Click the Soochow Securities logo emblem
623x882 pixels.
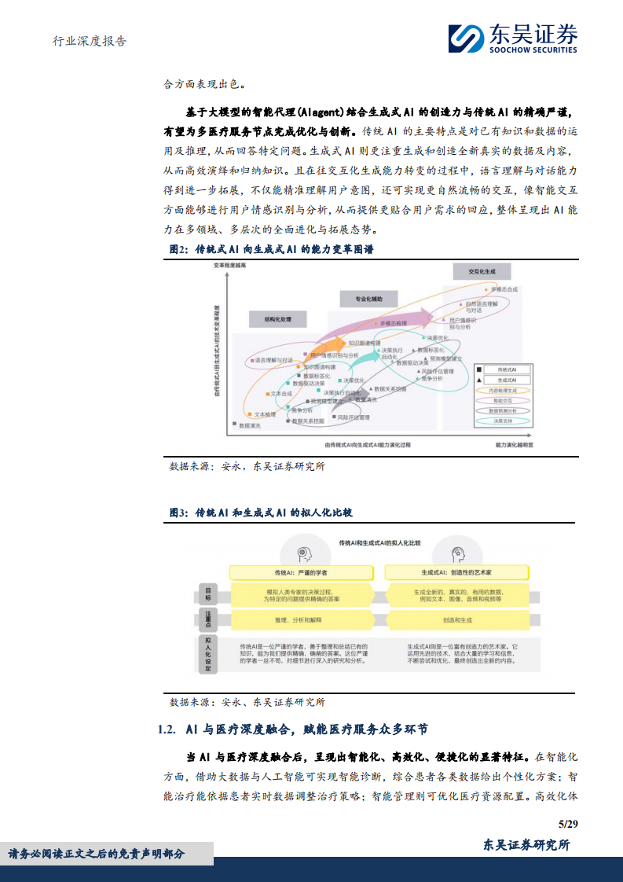click(467, 38)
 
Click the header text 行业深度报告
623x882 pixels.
click(82, 41)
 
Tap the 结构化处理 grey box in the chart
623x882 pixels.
click(278, 319)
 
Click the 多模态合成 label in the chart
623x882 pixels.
click(503, 289)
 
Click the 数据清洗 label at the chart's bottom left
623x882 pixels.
click(250, 424)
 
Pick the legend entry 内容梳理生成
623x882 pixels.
click(504, 390)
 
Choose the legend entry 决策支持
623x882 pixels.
click(504, 421)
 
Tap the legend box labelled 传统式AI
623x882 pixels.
click(503, 369)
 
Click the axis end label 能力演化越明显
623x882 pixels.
click(515, 444)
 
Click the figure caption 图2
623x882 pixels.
click(180, 249)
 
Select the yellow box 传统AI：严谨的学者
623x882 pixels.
click(295, 571)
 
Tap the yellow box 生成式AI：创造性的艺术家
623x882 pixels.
click(456, 571)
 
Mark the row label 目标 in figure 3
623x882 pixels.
click(208, 593)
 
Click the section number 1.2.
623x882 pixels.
click(168, 729)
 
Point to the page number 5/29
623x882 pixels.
click(567, 824)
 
